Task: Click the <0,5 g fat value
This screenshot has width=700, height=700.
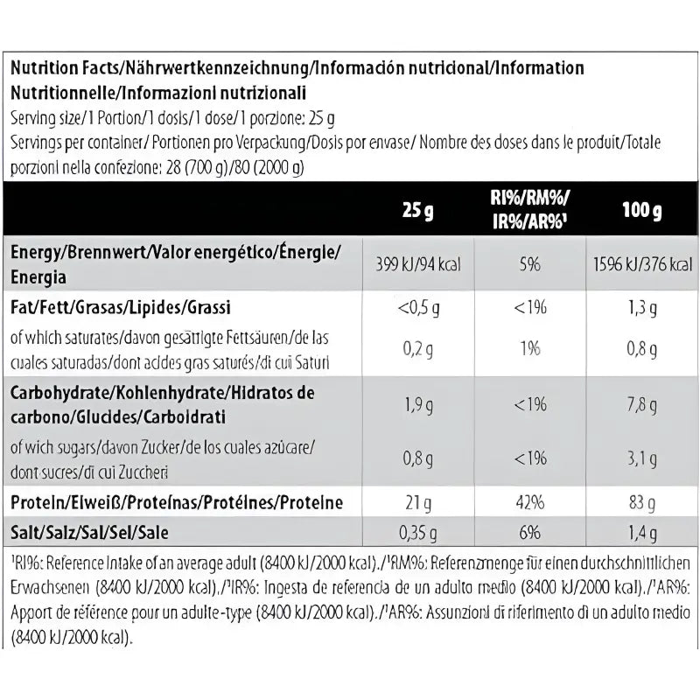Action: pos(418,308)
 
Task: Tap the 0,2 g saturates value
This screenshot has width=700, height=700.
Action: pos(418,349)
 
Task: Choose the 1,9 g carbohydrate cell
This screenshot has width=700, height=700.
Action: pos(418,404)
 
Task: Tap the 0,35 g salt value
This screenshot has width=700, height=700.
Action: pos(418,531)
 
